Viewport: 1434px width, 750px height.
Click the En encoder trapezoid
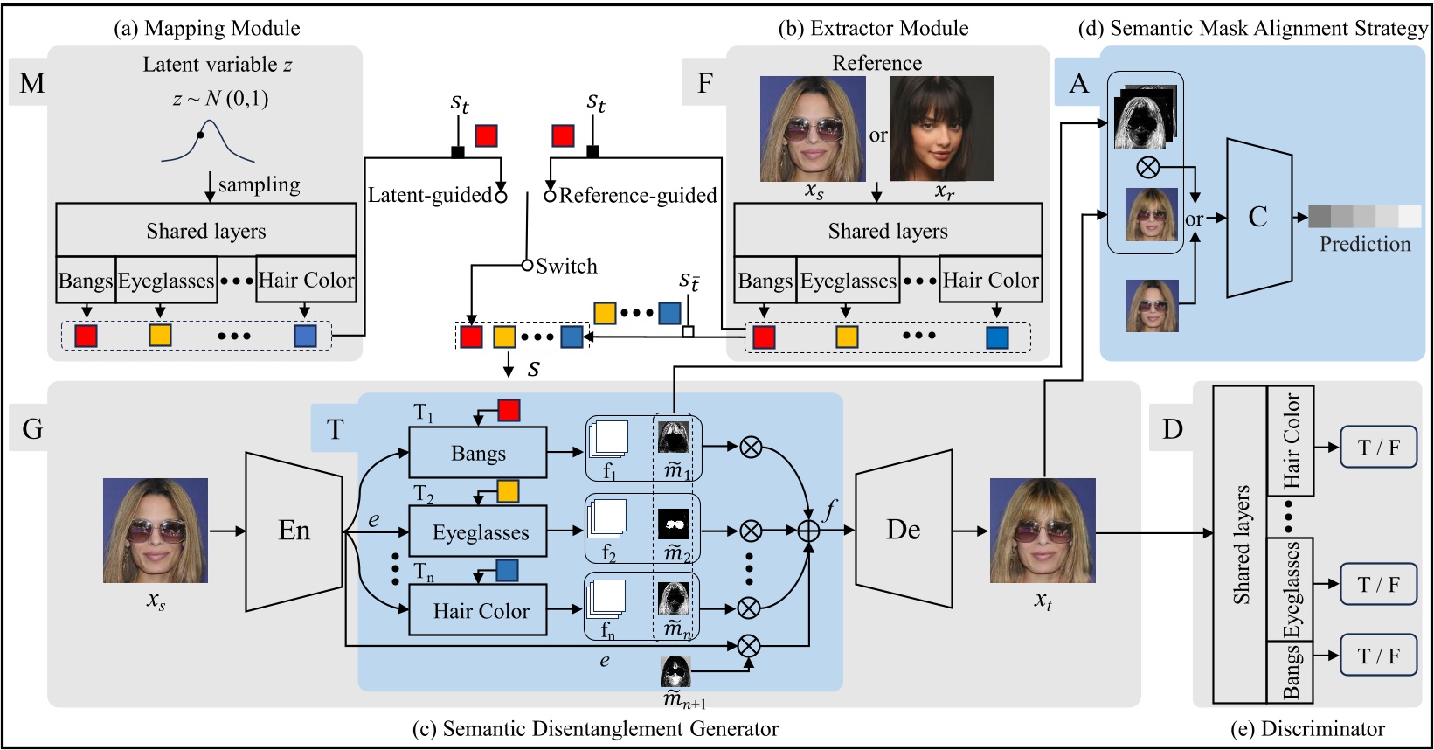pyautogui.click(x=294, y=531)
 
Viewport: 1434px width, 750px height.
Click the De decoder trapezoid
pyautogui.click(x=904, y=530)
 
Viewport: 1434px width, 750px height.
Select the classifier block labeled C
pyautogui.click(x=1258, y=217)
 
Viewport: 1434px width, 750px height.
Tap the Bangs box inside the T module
pyautogui.click(x=478, y=453)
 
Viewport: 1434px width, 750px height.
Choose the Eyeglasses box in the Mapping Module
pyautogui.click(x=166, y=280)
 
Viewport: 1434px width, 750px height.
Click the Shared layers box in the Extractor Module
pyautogui.click(x=888, y=230)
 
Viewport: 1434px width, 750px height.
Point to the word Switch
pyautogui.click(x=566, y=266)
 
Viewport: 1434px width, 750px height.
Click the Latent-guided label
pyautogui.click(x=429, y=195)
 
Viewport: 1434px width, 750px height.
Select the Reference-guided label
pyautogui.click(x=638, y=195)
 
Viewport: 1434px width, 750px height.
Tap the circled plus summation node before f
pyautogui.click(x=809, y=530)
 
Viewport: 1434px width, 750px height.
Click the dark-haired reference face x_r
pyautogui.click(x=941, y=128)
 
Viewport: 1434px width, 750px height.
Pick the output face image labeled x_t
pyautogui.click(x=1043, y=531)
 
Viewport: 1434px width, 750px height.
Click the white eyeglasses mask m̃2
pyautogui.click(x=674, y=524)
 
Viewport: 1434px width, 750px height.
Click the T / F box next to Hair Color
pyautogui.click(x=1378, y=448)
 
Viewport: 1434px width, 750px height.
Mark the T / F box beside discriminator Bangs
pyautogui.click(x=1378, y=656)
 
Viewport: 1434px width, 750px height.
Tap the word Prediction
pyautogui.click(x=1365, y=244)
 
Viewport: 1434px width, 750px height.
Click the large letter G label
pyautogui.click(x=32, y=428)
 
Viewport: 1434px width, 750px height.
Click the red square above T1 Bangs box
pyautogui.click(x=509, y=410)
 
